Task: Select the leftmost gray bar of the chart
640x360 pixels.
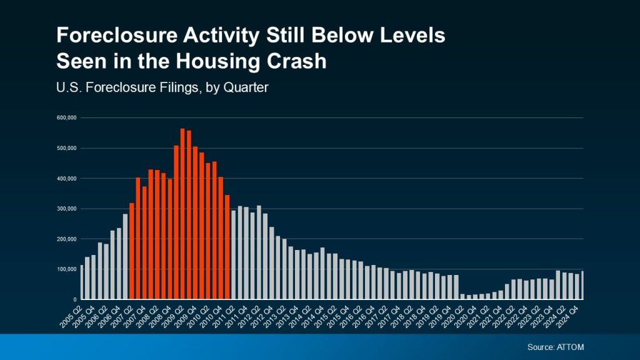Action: pyautogui.click(x=81, y=282)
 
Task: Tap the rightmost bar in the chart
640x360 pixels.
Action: pyautogui.click(x=582, y=285)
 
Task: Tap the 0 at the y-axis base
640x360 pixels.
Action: pyautogui.click(x=74, y=299)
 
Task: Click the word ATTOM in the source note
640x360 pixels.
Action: pyautogui.click(x=571, y=347)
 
